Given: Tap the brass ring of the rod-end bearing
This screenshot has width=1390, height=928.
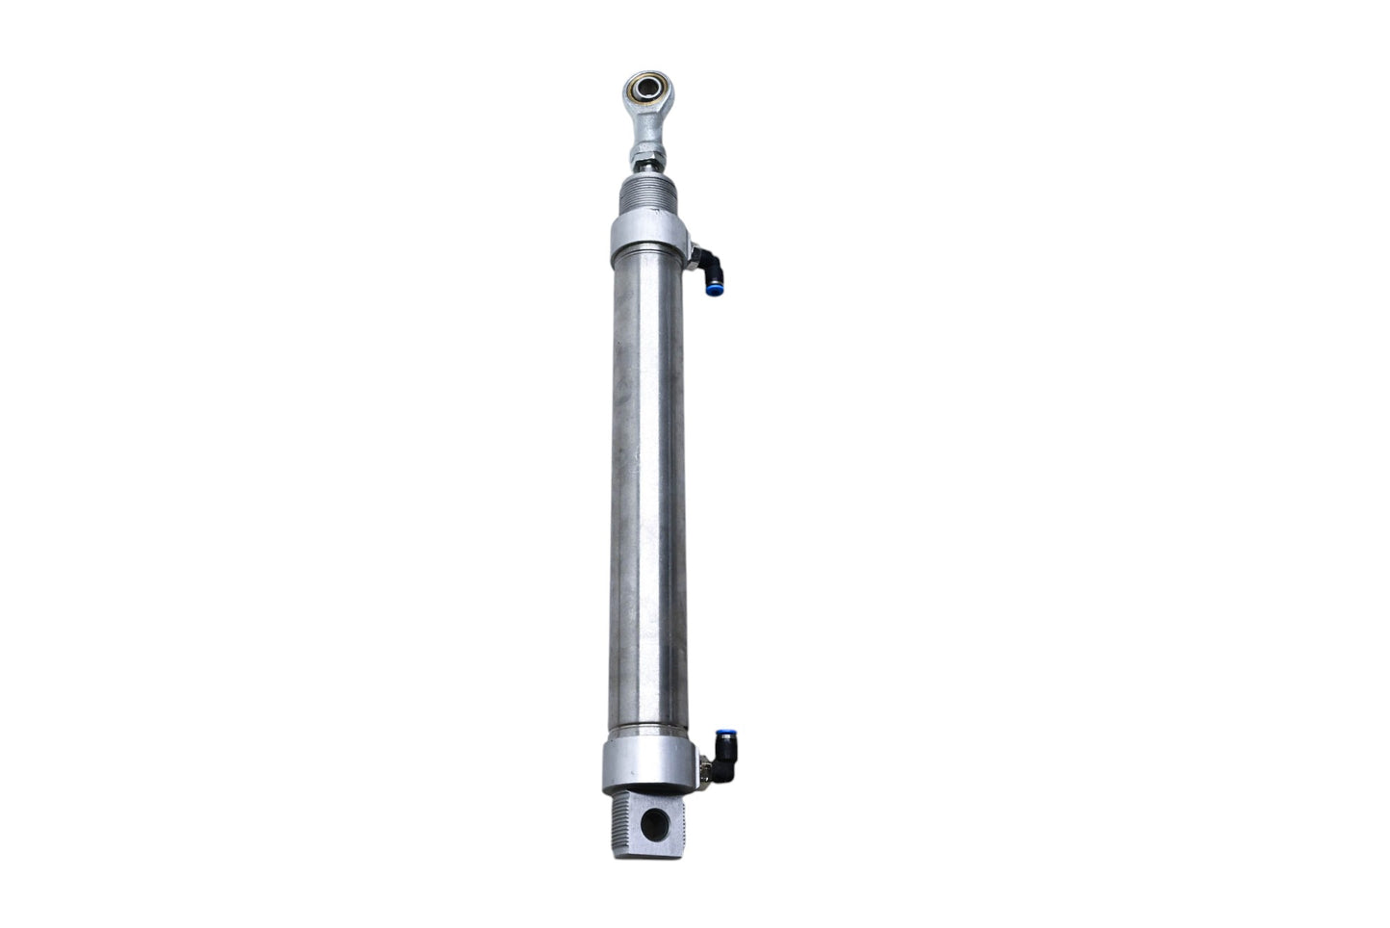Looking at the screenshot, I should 635,89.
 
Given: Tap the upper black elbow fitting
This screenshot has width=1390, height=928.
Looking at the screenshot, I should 709,263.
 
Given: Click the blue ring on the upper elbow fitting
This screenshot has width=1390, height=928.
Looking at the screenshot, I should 714,287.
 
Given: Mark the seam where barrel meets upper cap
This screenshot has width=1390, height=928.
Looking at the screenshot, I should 647,267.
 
